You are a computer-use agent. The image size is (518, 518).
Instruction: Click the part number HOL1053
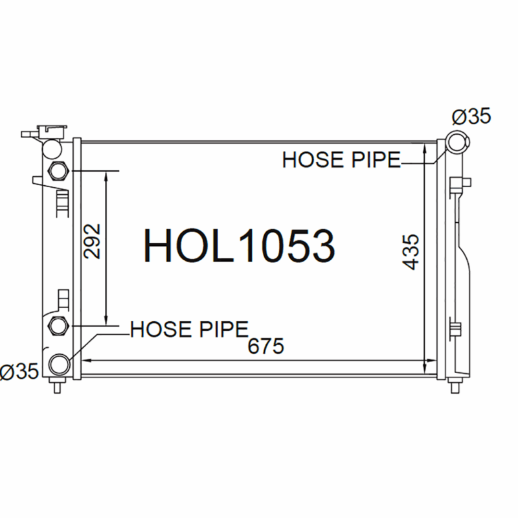239,246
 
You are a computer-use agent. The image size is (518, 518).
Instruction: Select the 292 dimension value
92,241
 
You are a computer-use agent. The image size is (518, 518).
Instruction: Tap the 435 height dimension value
411,252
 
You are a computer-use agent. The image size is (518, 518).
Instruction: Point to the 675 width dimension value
265,346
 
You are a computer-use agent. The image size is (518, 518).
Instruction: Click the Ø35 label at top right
471,117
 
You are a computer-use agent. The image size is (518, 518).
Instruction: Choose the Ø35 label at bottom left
19,371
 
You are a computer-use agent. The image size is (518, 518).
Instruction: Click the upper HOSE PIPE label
341,160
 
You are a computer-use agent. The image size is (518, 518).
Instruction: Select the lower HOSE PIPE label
189,329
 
